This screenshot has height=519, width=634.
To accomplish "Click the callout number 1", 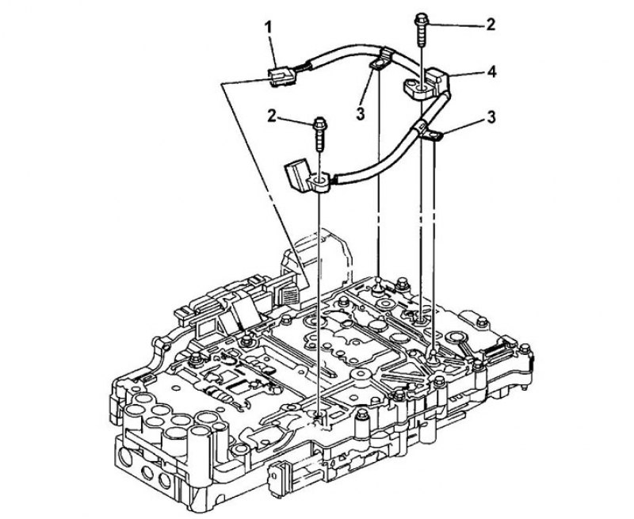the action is coord(269,28).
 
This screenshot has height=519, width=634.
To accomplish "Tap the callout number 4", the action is coord(491,72).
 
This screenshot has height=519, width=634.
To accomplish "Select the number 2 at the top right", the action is coord(491,25).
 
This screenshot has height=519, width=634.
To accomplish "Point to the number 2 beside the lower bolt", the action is coord(272,116).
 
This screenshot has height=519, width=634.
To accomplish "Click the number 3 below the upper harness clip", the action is coord(361,114).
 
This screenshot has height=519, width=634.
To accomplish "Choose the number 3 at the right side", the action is coord(491,117).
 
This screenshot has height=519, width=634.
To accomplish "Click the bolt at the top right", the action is coord(422,29).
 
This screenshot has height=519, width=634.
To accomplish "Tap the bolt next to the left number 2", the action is coord(319,134).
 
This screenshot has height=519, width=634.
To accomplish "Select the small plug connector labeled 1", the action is coord(281,77).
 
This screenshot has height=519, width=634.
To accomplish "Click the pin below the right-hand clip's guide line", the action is coord(433,357).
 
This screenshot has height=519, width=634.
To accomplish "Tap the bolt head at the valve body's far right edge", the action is coord(525,349).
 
